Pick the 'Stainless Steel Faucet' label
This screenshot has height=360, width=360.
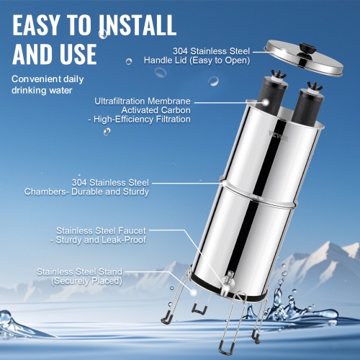(x=115, y=230)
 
